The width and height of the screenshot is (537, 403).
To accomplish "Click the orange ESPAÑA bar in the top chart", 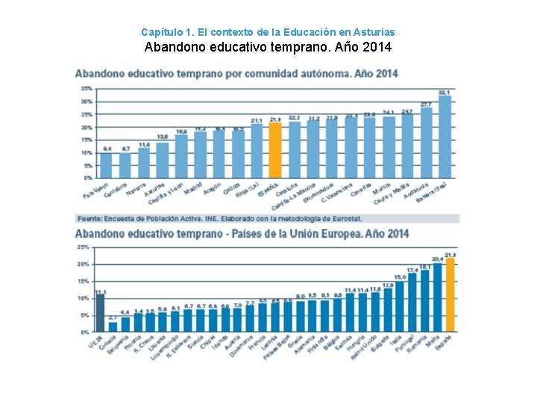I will [x=275, y=151].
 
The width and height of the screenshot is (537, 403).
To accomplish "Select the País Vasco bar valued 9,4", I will [x=107, y=166].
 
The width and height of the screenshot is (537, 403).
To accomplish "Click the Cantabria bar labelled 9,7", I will [x=125, y=166].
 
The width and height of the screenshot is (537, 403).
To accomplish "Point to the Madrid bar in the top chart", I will [x=201, y=155].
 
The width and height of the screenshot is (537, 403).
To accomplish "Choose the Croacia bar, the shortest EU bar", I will [x=113, y=327].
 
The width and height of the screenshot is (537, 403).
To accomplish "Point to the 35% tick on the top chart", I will [x=87, y=89].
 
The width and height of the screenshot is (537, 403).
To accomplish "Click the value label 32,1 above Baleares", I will [x=445, y=92].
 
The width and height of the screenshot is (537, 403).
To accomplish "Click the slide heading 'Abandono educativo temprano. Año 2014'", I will [x=268, y=48].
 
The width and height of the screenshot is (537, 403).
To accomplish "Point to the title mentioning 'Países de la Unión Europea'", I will [x=242, y=234].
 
